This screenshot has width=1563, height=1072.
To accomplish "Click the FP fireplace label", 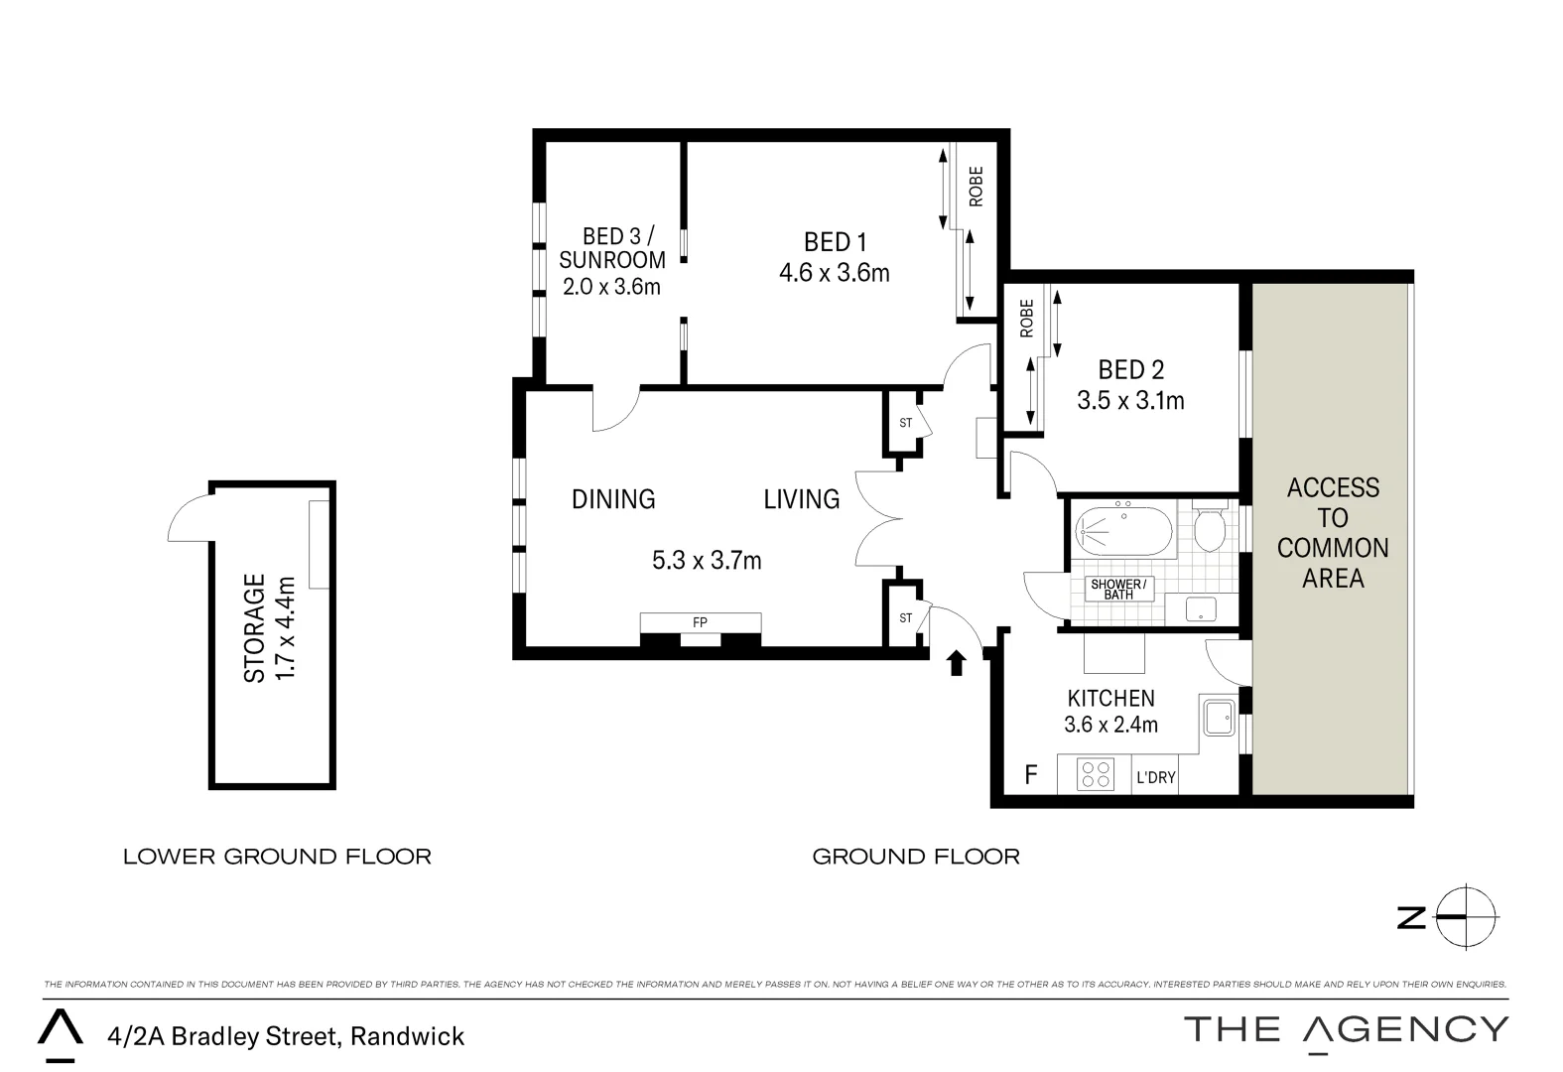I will coord(700,622).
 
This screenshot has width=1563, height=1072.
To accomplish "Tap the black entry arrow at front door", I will coord(957,663).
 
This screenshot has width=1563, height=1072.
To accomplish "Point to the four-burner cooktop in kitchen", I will coord(1096,774).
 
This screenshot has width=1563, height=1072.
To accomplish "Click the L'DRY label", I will coord(1155,777).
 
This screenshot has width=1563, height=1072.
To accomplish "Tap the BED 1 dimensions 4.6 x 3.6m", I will coord(834,273).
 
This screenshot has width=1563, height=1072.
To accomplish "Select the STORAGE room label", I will coord(255,627).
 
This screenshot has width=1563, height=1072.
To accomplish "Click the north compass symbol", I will coord(1467,917).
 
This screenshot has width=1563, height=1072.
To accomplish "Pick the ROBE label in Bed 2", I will coord(1026,318).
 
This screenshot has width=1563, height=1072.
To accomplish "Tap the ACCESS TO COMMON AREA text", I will coord(1332,532).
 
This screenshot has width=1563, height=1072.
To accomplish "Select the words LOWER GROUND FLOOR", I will coord(277,857).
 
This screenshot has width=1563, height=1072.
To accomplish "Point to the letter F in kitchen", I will coord(1030,775).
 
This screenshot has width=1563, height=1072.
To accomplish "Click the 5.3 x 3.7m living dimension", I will coord(707,561).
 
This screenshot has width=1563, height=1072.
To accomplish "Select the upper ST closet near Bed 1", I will coord(905,423).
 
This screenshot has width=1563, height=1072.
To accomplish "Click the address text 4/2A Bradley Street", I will coord(286,1036).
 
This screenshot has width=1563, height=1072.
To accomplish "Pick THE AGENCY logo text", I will coord(1345,1029).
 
